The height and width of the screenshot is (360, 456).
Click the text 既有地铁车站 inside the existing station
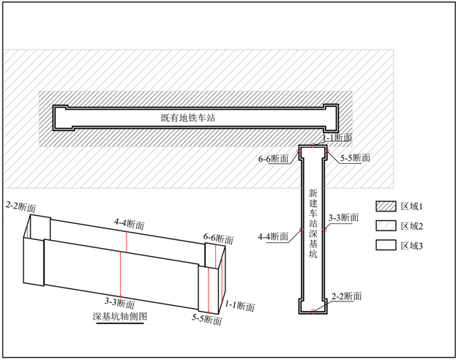[x=188, y=117]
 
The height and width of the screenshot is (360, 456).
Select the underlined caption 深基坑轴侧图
[x=120, y=318]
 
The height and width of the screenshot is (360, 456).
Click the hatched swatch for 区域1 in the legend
[x=386, y=206]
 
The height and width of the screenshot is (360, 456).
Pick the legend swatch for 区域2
[x=386, y=225]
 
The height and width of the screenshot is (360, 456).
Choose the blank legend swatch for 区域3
[x=386, y=245]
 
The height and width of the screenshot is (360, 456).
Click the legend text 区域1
[x=411, y=206]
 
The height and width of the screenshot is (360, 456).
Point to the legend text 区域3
[x=411, y=245]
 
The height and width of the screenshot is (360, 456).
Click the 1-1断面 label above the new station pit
[x=337, y=138]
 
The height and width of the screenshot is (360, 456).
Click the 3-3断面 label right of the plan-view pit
[x=343, y=217]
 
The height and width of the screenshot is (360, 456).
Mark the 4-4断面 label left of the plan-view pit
[x=273, y=236]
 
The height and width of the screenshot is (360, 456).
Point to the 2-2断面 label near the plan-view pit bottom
[x=347, y=296]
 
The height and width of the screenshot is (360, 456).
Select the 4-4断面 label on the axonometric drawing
[x=129, y=222]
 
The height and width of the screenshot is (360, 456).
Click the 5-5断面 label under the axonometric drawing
[x=207, y=320]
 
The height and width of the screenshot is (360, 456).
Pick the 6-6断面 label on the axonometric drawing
[x=218, y=239]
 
